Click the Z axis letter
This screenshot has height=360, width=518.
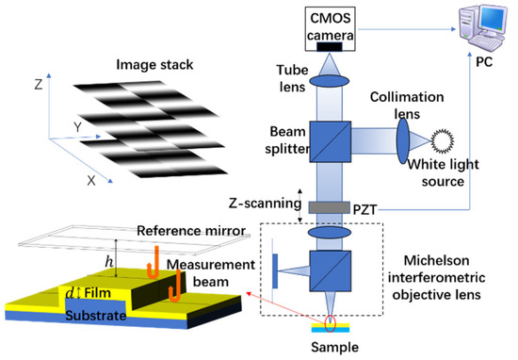(x=39, y=83)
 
